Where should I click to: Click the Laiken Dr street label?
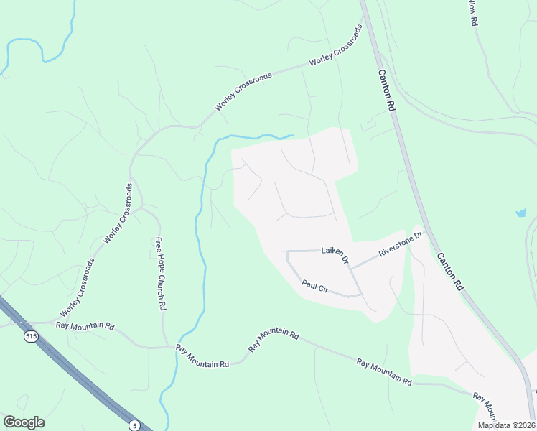pyautogui.click(x=335, y=254)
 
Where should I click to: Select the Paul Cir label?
pyautogui.click(x=315, y=285)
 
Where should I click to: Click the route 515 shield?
pyautogui.click(x=30, y=336)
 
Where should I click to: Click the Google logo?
pyautogui.click(x=24, y=422)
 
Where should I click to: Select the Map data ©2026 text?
pyautogui.click(x=505, y=425)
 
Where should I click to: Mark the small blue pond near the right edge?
pyautogui.click(x=520, y=213)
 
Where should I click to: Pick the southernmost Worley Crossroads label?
pyautogui.click(x=77, y=288)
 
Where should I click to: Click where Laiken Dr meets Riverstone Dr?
pyautogui.click(x=350, y=267)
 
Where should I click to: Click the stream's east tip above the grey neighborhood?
pyautogui.click(x=293, y=135)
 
